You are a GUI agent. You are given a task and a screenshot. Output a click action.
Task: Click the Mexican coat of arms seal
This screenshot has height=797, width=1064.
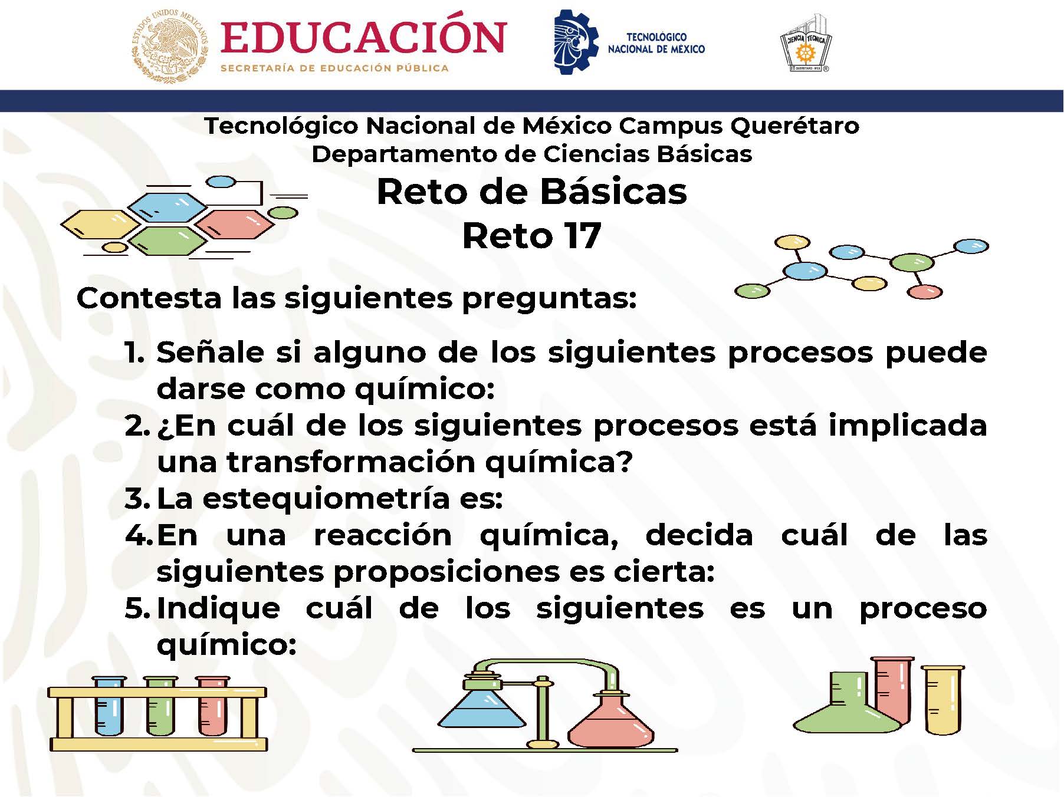pos(170,46)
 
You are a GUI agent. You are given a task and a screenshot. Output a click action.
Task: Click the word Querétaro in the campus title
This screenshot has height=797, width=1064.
pos(794,126)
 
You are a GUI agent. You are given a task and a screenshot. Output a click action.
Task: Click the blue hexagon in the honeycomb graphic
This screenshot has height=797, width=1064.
pos(168,207)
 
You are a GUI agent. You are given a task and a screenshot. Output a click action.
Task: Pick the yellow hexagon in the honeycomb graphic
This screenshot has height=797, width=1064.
pos(101,225)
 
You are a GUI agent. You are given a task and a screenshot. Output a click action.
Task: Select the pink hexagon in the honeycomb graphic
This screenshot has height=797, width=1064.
pos(235,225)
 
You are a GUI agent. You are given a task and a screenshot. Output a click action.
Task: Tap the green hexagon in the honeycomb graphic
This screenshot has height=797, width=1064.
pos(168,241)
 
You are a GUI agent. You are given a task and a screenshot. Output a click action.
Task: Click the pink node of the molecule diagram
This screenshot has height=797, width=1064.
pos(924,291)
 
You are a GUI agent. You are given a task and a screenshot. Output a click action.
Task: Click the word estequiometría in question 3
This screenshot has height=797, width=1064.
pos(327,499)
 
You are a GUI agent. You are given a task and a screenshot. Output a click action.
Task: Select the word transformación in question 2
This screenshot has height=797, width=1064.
pos(350,462)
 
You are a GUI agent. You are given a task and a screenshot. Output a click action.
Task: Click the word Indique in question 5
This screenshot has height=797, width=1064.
pos(218,608)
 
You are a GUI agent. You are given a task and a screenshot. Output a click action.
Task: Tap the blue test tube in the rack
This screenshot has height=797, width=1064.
pos(110,707)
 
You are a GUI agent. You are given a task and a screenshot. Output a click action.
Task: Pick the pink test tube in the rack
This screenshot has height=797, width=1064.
pos(212,707)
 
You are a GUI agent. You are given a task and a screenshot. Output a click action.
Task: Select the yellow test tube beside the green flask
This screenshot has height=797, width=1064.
pos(943,700)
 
